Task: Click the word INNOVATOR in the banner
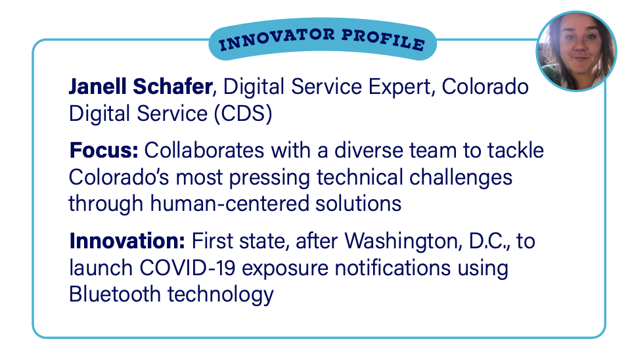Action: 277,39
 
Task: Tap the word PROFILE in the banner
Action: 383,39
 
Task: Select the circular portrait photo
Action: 576,51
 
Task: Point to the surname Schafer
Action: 173,87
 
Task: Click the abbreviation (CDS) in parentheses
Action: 242,114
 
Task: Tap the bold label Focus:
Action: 104,150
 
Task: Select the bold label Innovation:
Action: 127,241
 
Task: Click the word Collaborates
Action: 204,150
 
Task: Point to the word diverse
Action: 369,150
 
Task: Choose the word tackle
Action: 516,150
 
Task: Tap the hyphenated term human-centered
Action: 229,204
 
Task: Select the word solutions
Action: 358,204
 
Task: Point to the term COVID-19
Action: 187,268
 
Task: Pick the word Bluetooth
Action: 114,294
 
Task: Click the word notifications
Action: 393,268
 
